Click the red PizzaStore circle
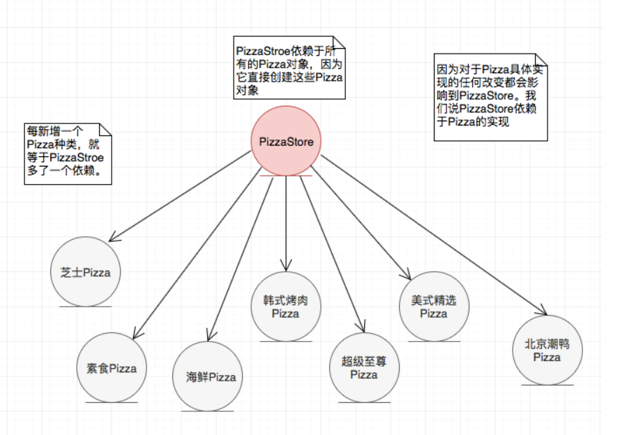pos(286,142)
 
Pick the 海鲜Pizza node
pos(206,376)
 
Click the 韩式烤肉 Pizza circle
pos(285,307)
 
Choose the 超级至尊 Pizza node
pos(363,367)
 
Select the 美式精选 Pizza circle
pos(433,307)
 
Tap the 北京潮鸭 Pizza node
pos(547,351)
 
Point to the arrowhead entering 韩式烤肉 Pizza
pos(285,266)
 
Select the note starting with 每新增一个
pos(68,153)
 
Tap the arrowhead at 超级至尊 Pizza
pos(361,328)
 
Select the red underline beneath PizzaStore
pos(286,177)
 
